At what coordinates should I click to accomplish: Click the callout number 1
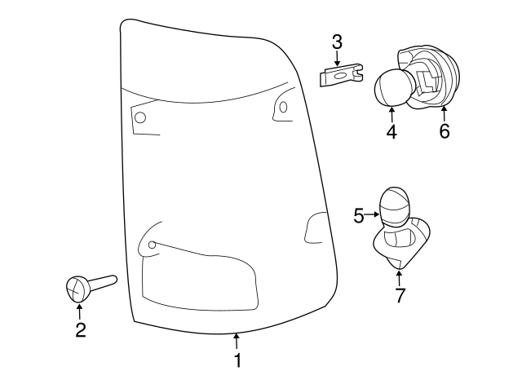click(237, 360)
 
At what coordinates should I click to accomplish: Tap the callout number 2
click(81, 330)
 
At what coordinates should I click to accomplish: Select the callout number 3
click(337, 42)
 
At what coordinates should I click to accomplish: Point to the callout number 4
click(391, 131)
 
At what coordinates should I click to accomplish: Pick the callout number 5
click(359, 215)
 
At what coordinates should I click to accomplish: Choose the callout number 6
click(445, 131)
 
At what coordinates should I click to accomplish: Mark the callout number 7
click(400, 295)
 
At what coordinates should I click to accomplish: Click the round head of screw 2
click(78, 289)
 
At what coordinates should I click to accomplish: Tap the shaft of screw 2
click(103, 281)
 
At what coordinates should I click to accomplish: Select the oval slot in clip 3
click(340, 76)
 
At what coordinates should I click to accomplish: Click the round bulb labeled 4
click(391, 88)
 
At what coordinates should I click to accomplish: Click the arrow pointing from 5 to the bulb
click(372, 214)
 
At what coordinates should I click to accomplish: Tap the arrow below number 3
click(337, 58)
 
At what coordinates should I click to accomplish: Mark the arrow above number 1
click(237, 342)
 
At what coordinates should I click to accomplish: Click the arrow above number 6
click(444, 114)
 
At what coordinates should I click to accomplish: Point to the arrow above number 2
click(80, 311)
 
